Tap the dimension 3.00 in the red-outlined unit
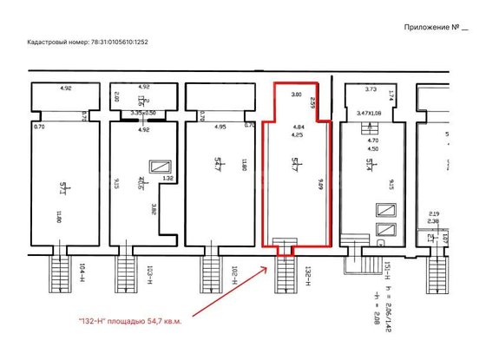[x=295, y=94]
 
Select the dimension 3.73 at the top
[x=371, y=89]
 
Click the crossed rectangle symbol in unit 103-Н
[x=160, y=167]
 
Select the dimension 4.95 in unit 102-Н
[x=220, y=127]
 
